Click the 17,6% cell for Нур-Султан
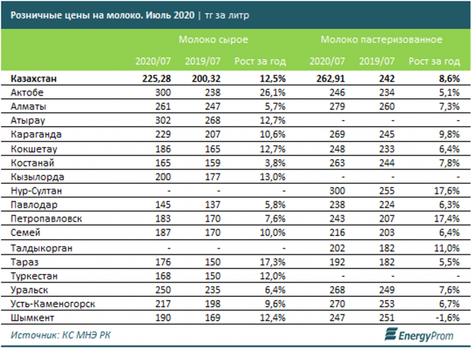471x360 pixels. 448,191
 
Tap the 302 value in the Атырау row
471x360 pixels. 162,121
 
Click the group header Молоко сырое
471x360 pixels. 214,40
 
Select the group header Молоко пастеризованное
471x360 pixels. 382,40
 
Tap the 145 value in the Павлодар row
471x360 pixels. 162,205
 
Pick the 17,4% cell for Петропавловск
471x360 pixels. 448,219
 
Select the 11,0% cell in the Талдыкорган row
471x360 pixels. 448,248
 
